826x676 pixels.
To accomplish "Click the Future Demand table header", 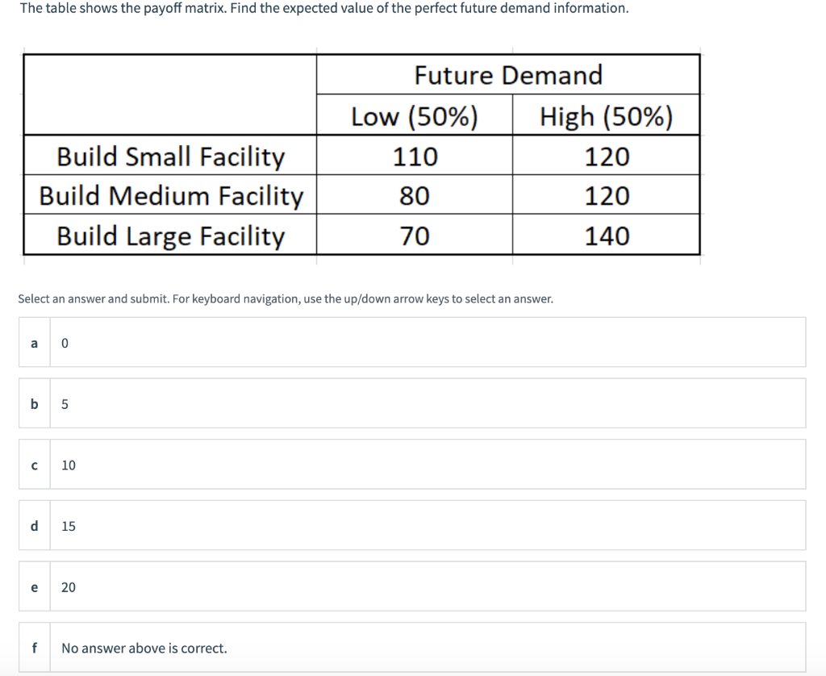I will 508,75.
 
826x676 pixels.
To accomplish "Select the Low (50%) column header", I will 415,117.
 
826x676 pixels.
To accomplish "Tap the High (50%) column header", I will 606,117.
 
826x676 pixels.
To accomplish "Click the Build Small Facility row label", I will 170,156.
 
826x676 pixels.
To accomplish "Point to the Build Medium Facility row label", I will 171,196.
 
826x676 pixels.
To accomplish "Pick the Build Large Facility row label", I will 170,236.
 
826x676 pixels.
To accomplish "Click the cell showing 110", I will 415,156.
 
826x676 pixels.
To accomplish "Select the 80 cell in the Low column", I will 415,196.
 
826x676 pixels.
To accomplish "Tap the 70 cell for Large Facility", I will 415,236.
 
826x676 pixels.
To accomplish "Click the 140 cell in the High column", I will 607,236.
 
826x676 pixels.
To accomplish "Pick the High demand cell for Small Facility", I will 607,156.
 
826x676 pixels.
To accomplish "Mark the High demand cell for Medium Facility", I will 607,196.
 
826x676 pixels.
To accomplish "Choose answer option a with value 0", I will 411,342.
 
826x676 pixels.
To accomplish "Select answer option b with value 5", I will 411,403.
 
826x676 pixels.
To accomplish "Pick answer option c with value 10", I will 411,465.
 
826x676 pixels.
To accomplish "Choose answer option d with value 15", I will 411,526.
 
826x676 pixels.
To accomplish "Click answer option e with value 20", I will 411,587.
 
